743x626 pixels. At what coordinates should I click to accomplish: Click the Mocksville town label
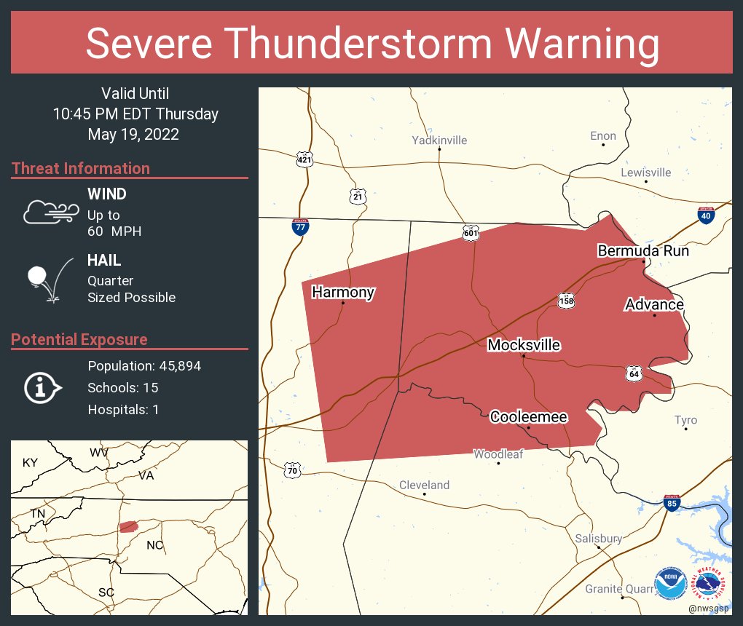(x=524, y=344)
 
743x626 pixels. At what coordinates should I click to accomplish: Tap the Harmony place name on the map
(x=343, y=292)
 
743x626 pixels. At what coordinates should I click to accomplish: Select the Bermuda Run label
(x=642, y=250)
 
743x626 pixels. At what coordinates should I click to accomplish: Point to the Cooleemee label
(x=528, y=416)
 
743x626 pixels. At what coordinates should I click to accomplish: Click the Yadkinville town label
(x=439, y=140)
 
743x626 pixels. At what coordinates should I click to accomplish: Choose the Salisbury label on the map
(x=599, y=539)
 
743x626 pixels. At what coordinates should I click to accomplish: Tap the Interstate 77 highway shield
(x=299, y=226)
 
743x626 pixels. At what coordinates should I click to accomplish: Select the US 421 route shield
(x=304, y=158)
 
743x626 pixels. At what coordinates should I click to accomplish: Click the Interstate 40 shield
(x=705, y=215)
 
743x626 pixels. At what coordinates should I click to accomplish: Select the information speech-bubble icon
(x=42, y=388)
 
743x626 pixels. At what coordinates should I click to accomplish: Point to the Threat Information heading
(x=81, y=168)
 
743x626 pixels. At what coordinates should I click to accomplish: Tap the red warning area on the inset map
(x=128, y=526)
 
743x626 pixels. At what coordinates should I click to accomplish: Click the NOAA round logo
(x=669, y=583)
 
